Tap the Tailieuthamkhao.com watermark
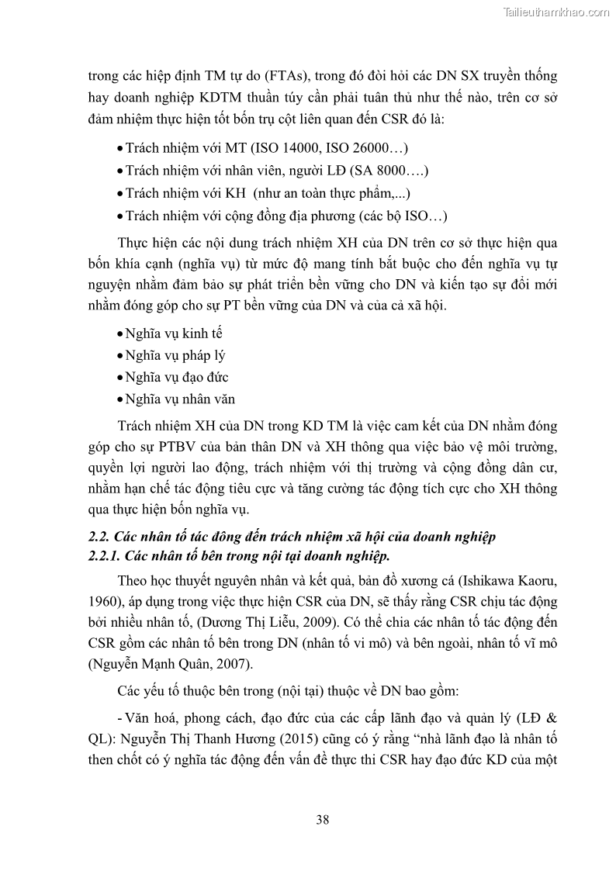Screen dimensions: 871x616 [556, 12]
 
